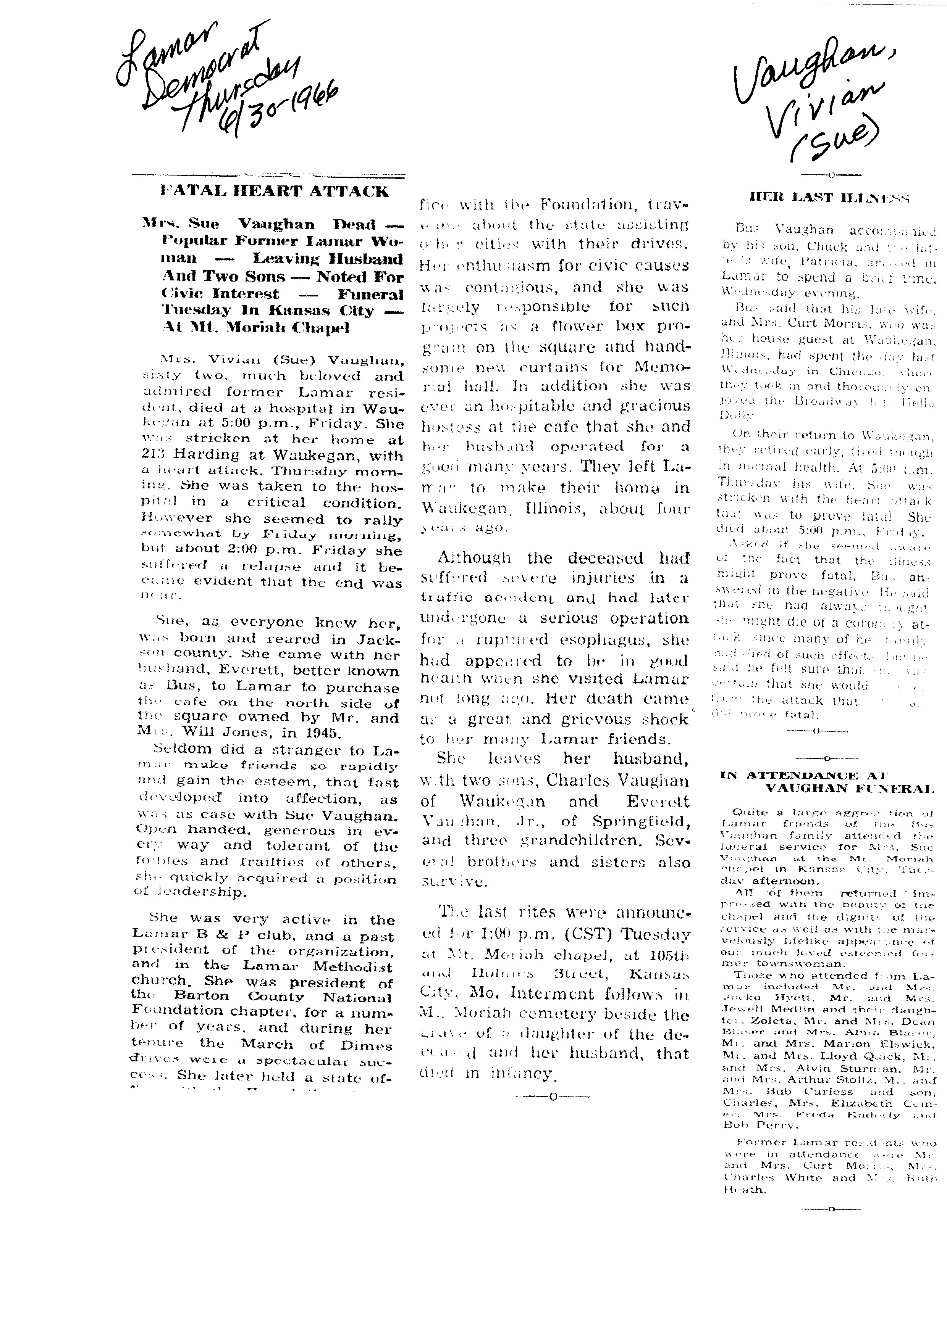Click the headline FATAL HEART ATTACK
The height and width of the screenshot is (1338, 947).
coord(274,192)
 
